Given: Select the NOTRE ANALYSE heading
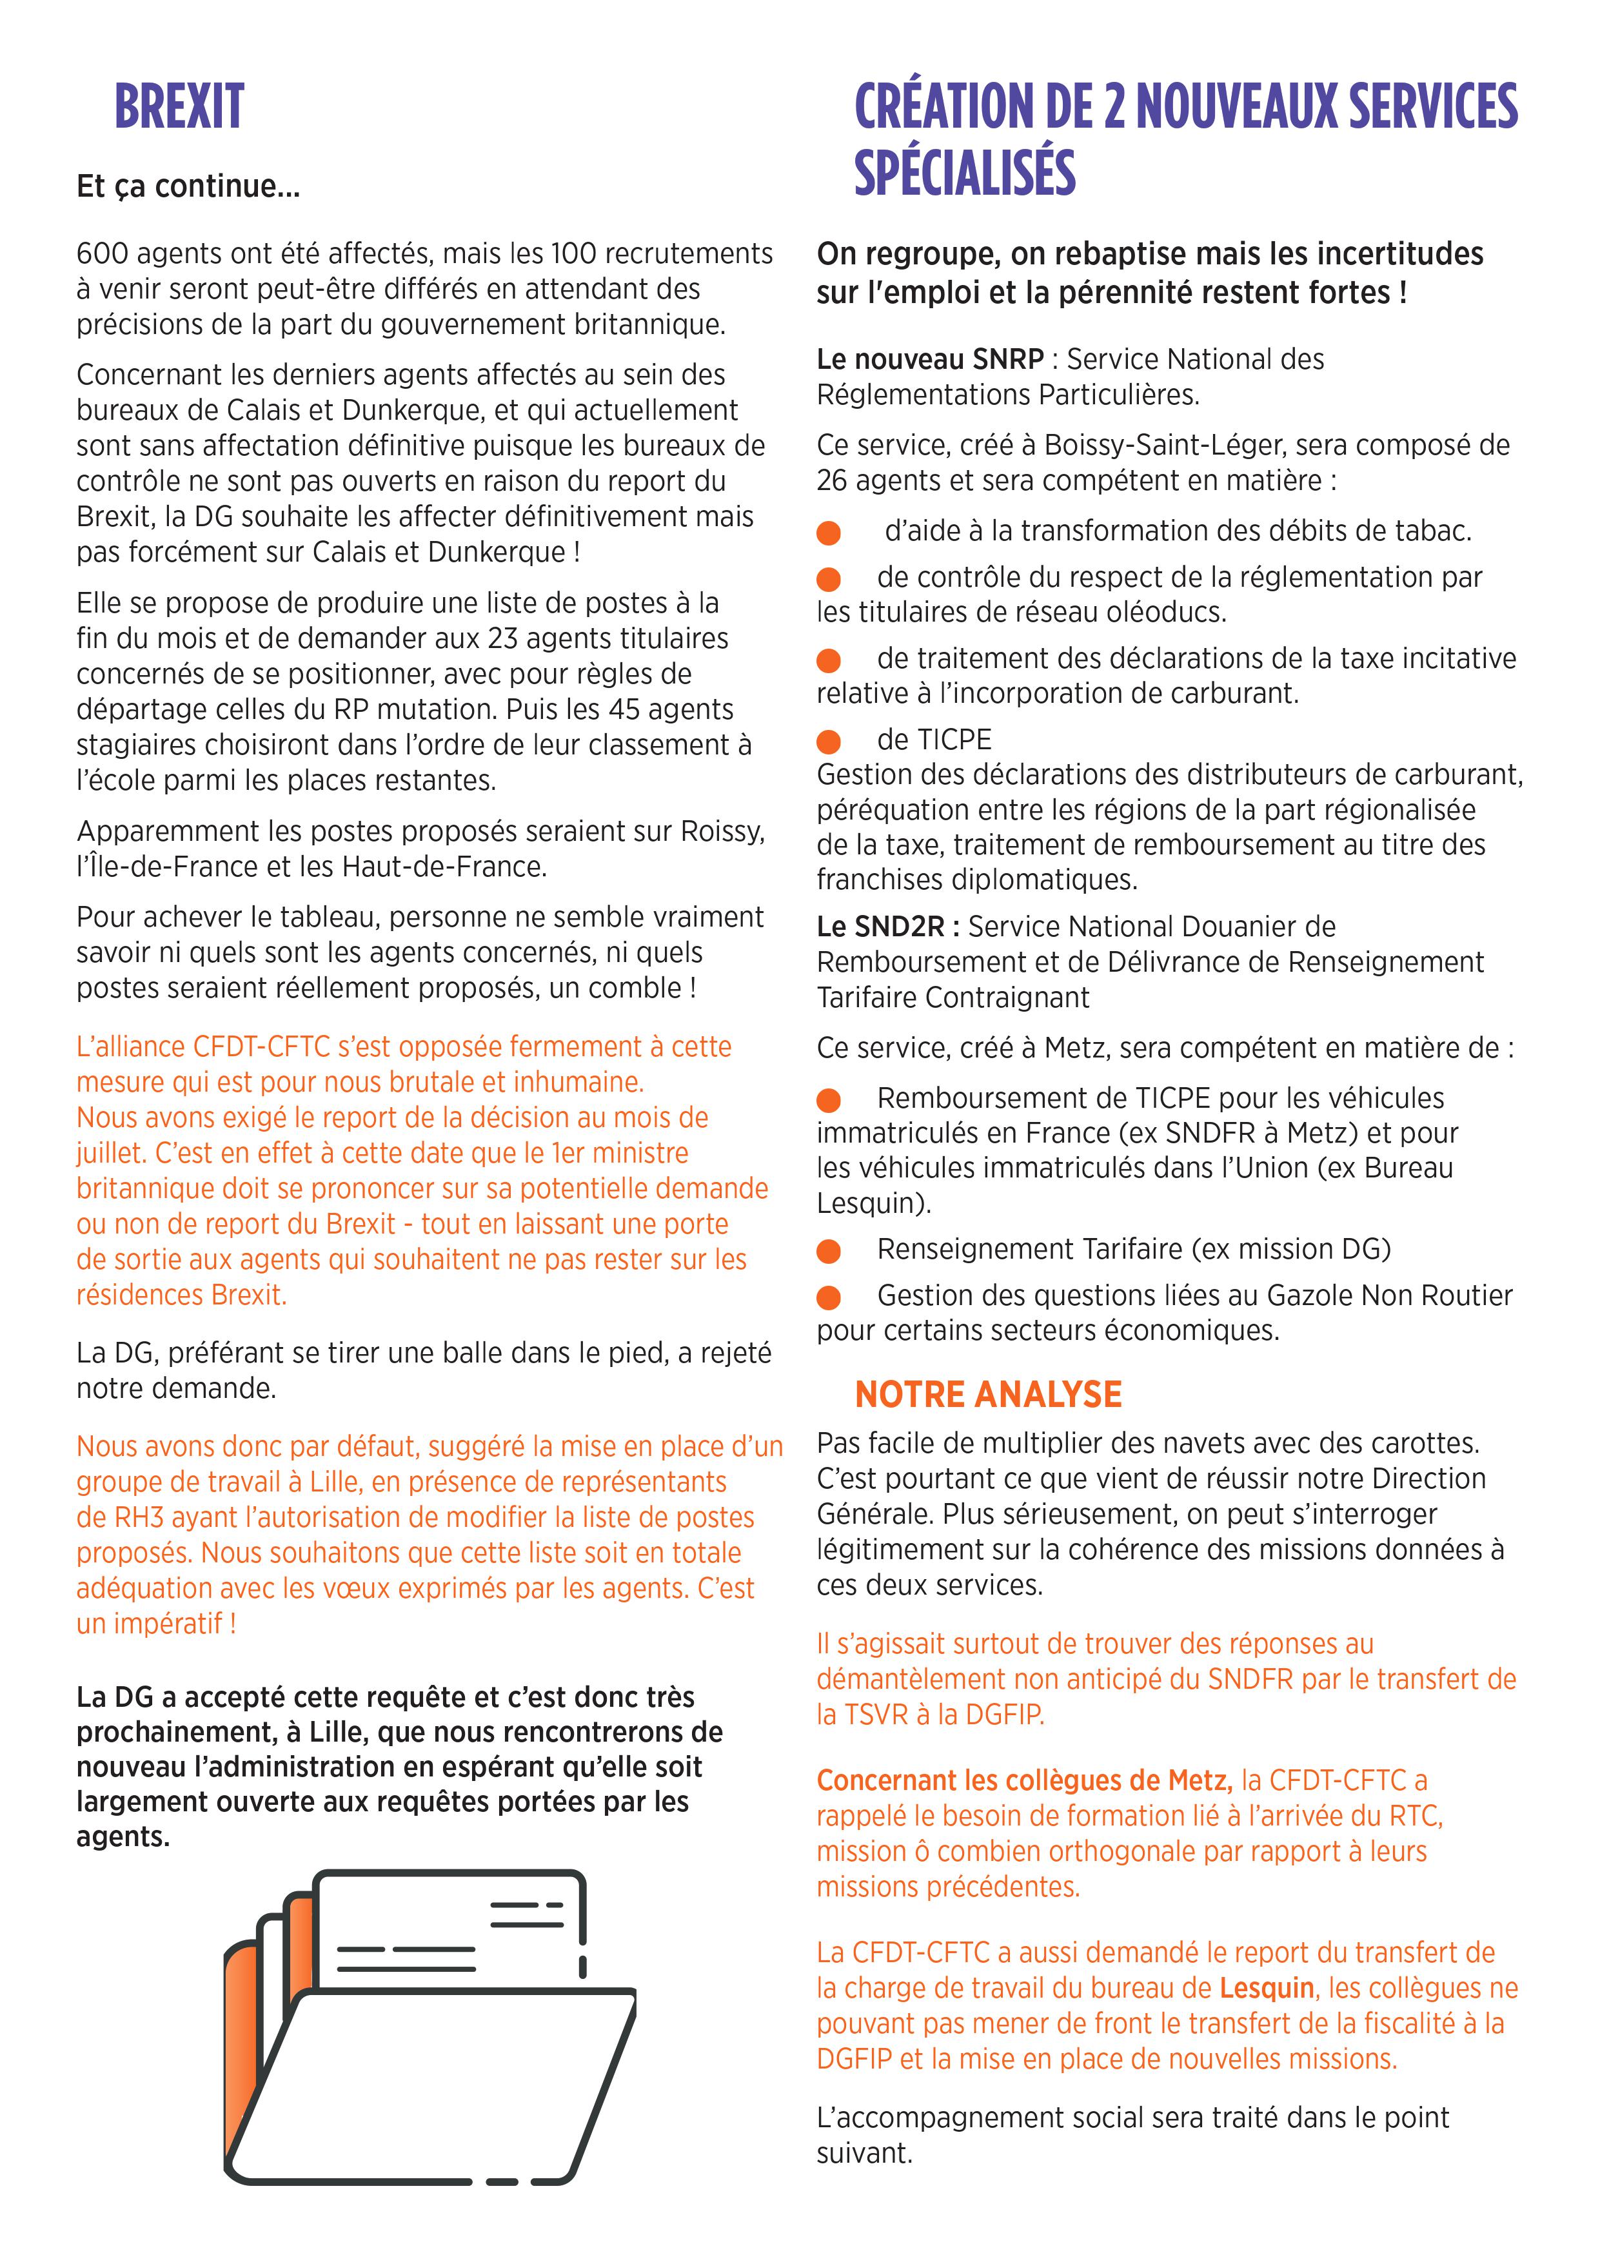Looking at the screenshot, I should pos(987,1394).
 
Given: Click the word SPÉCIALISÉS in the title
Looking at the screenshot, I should pos(965,172).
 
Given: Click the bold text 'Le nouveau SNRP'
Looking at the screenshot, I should pos(929,360).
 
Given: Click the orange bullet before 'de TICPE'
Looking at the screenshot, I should pos(829,741).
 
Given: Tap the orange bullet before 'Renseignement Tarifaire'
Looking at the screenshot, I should pos(829,1250).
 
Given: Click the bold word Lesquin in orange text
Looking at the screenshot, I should pos(1266,1988).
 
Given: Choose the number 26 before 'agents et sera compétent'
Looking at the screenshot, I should pos(833,481).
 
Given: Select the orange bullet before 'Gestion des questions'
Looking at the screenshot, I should pos(829,1297).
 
